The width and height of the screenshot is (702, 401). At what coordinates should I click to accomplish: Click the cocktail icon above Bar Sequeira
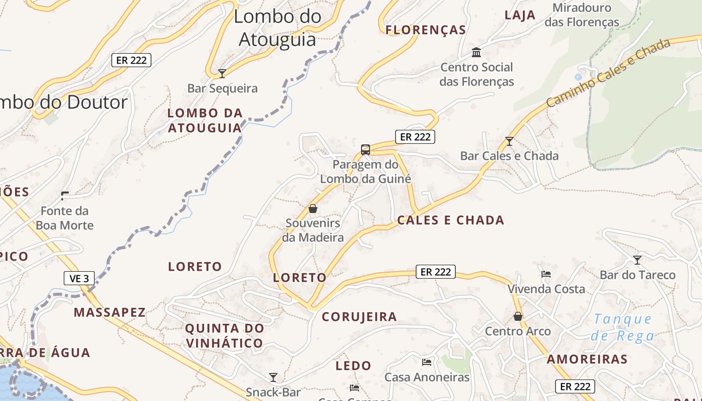[222, 74]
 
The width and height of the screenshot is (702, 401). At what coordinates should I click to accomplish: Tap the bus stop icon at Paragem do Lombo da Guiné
[366, 149]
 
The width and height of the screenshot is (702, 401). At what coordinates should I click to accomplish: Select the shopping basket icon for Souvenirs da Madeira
[313, 209]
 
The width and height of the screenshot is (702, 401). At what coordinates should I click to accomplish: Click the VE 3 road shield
[79, 278]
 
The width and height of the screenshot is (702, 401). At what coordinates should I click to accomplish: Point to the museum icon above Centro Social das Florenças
[476, 52]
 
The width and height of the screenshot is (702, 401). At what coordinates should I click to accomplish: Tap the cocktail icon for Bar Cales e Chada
[509, 141]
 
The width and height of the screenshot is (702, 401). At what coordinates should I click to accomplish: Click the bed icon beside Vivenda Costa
[546, 274]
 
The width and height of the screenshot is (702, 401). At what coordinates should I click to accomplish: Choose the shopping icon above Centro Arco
[518, 316]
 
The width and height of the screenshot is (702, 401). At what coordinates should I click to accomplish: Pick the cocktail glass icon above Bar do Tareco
[637, 260]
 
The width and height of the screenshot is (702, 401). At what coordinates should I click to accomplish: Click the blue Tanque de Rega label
[623, 327]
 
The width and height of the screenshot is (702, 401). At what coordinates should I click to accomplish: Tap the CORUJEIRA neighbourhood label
[359, 317]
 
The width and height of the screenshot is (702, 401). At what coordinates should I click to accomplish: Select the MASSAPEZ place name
[110, 313]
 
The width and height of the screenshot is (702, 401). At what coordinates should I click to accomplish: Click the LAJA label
[520, 15]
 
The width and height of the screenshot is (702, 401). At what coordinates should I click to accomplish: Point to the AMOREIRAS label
[587, 359]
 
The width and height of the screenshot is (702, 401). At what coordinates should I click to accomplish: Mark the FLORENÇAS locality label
[426, 30]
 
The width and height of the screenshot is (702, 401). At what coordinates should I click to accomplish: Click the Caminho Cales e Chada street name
[608, 73]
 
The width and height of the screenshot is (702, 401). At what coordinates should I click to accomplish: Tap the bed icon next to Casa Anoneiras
[427, 362]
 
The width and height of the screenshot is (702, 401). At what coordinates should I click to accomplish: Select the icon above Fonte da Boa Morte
[65, 195]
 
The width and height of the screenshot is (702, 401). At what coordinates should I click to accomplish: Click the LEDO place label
[354, 366]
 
